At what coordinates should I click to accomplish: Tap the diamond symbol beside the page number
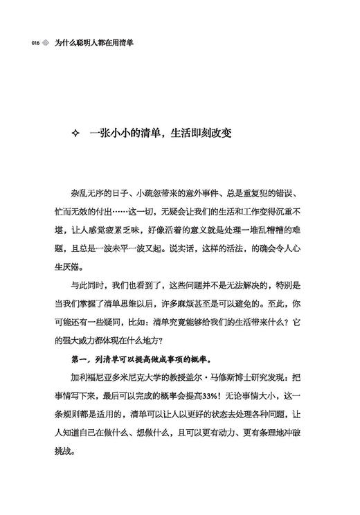(x=46, y=42)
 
